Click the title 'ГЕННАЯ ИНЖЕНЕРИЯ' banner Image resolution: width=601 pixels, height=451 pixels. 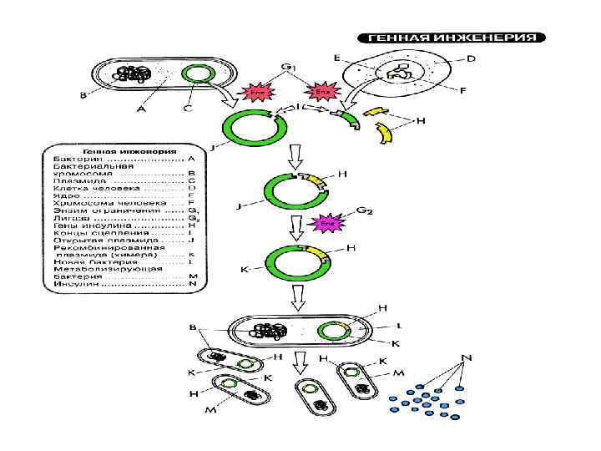coord(452,38)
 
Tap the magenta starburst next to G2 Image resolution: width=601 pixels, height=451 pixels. coord(328,224)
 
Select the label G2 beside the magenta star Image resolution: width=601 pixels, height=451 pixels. coord(364,210)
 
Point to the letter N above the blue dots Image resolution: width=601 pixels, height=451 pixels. coord(467,357)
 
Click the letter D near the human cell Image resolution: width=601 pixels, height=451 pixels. coord(472,59)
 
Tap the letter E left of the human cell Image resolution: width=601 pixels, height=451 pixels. coord(336,58)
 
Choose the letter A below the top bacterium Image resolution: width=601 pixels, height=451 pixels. coord(141,108)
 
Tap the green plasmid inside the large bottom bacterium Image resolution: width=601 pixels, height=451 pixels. coord(335,332)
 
